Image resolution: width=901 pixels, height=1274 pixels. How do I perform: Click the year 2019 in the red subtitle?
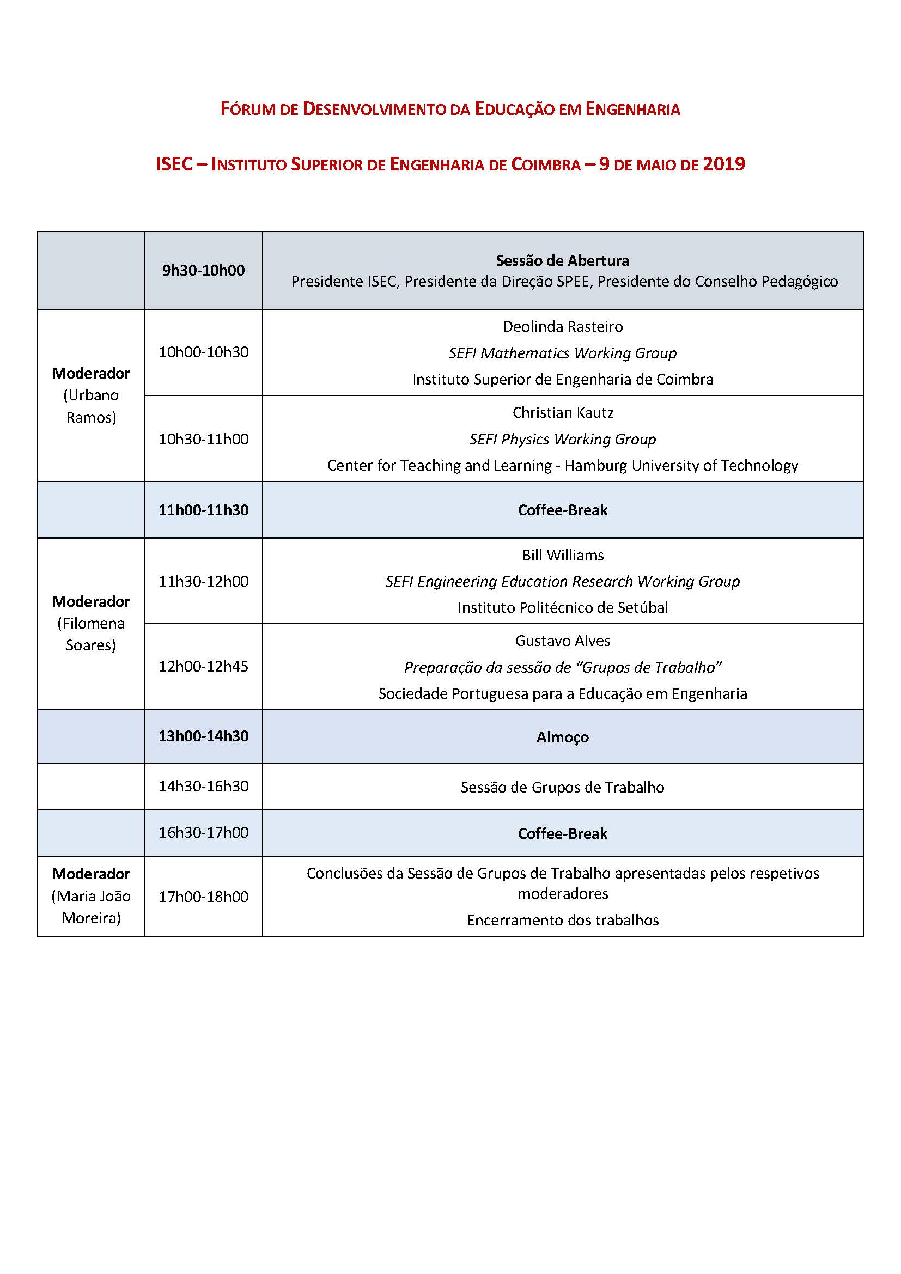coord(723,164)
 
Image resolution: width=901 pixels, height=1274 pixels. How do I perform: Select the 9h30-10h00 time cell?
coord(203,270)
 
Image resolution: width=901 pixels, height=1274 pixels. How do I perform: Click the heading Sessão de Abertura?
coord(562,260)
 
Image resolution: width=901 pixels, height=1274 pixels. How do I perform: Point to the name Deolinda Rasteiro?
coord(563,326)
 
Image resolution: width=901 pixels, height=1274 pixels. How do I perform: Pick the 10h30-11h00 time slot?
coord(203,439)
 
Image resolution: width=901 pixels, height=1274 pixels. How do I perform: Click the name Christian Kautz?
coord(563,412)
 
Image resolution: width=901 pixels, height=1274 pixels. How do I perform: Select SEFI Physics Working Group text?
coord(563,439)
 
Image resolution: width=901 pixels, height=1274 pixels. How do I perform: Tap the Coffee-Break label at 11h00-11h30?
coord(563,510)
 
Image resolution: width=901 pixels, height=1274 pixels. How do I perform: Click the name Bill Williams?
coord(563,555)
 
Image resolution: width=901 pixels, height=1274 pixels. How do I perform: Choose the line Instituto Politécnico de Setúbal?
coord(563,608)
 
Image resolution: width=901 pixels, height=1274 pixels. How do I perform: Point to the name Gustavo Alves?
coord(563,641)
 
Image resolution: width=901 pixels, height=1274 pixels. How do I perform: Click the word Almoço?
coord(563,737)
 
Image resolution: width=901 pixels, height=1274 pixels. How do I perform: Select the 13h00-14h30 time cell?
coord(203,736)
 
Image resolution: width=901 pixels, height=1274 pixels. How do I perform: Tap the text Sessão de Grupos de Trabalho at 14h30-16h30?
coord(563,787)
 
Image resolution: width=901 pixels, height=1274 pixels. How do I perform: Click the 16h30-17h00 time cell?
coord(203,832)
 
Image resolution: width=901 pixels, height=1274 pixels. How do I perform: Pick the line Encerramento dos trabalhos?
coord(563,920)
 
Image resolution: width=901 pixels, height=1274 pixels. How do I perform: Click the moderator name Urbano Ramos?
coord(91,406)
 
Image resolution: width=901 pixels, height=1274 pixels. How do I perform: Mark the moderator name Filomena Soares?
coord(91,634)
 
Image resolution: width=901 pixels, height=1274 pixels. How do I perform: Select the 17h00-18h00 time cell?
coord(203,897)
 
